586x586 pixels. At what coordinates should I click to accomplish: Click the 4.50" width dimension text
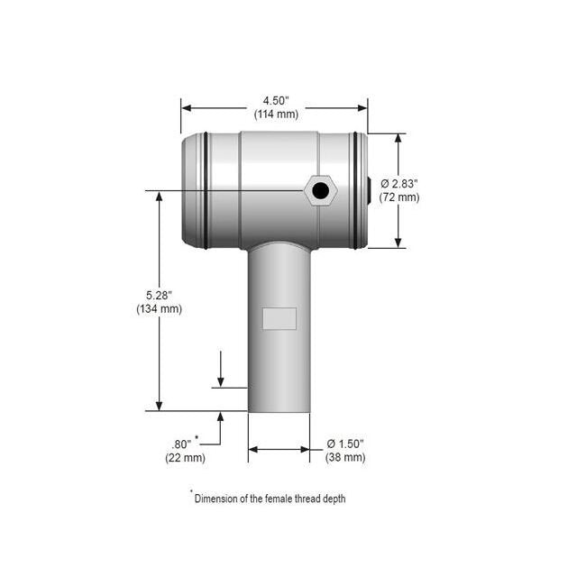(274, 100)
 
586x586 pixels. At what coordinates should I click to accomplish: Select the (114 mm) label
(274, 114)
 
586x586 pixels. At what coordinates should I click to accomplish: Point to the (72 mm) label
(398, 197)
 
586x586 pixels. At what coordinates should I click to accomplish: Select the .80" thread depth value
(183, 444)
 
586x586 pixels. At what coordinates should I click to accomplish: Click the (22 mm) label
(185, 457)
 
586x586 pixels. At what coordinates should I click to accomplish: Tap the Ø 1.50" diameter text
(345, 444)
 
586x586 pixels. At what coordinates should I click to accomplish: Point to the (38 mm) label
(345, 457)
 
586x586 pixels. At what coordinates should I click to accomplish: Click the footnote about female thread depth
(268, 498)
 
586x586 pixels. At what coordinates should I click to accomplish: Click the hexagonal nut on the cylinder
(320, 190)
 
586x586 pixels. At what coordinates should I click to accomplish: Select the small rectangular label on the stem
(279, 318)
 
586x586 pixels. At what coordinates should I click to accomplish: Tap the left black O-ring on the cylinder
(206, 190)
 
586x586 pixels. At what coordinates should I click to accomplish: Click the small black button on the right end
(370, 189)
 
